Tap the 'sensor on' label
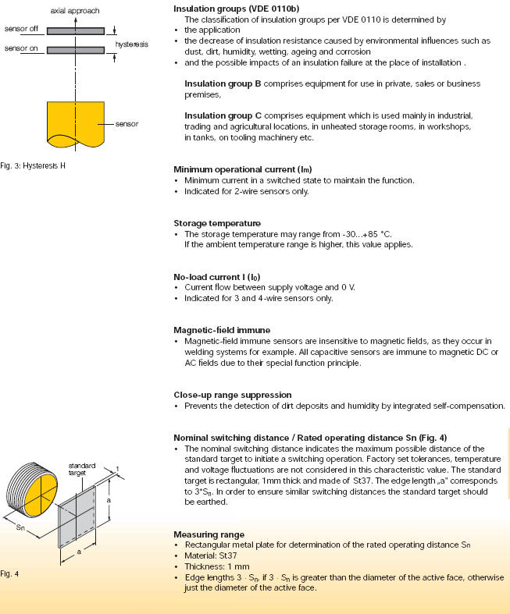pos(20,49)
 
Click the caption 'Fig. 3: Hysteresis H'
pos(38,165)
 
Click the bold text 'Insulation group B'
pos(222,83)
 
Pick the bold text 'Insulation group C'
pos(222,115)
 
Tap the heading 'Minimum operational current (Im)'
pos(240,169)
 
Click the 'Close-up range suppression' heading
pos(232,395)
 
